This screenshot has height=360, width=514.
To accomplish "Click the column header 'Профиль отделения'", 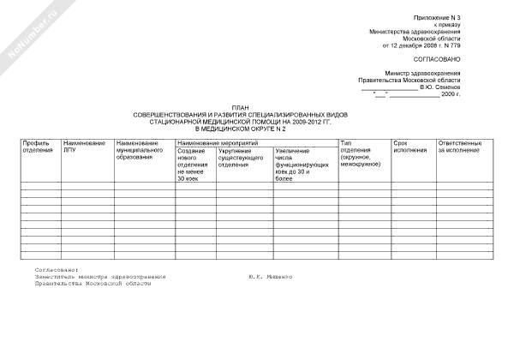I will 39,147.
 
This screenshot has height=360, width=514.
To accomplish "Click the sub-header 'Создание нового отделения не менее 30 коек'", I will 190,165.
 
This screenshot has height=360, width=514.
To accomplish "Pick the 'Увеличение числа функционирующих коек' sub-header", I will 303,165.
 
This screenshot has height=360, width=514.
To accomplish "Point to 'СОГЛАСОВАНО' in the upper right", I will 437,59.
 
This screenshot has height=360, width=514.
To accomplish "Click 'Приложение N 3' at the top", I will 438,18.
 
